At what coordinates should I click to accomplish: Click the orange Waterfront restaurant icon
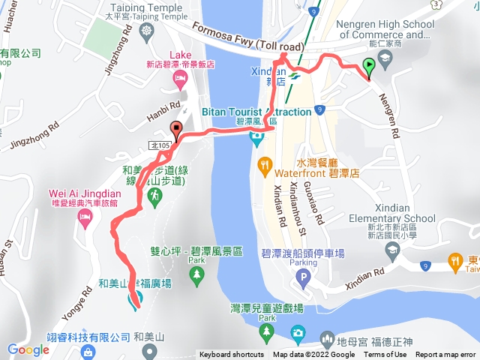click(x=264, y=164)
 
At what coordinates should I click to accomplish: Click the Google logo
click(x=28, y=349)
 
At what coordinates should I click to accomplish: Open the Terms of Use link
click(x=385, y=355)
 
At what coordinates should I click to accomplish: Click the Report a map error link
click(x=445, y=355)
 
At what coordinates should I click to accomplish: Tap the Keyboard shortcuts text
click(x=231, y=355)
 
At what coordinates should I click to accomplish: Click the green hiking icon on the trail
click(x=154, y=196)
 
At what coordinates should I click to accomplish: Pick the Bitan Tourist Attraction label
click(x=257, y=112)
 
